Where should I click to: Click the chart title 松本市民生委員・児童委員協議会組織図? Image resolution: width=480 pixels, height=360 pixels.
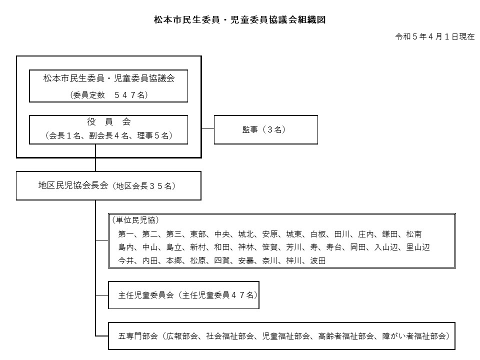click(239, 20)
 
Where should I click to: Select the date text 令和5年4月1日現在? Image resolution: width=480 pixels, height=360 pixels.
click(434, 36)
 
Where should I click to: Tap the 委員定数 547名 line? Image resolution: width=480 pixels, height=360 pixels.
click(108, 95)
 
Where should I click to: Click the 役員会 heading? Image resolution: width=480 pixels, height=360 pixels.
click(108, 122)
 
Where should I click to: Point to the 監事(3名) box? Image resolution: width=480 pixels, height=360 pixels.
click(265, 129)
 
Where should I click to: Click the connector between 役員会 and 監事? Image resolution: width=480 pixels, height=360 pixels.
click(208, 129)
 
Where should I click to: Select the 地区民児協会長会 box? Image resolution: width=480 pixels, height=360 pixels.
click(108, 185)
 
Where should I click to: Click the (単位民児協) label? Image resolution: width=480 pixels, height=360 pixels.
click(135, 220)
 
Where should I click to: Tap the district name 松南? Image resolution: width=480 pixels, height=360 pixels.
click(414, 234)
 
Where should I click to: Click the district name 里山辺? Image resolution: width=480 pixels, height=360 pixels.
click(418, 247)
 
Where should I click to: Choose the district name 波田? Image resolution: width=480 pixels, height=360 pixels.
click(318, 260)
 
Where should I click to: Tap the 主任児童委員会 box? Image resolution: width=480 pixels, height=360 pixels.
click(183, 295)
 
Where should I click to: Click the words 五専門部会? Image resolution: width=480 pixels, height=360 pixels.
click(138, 336)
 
